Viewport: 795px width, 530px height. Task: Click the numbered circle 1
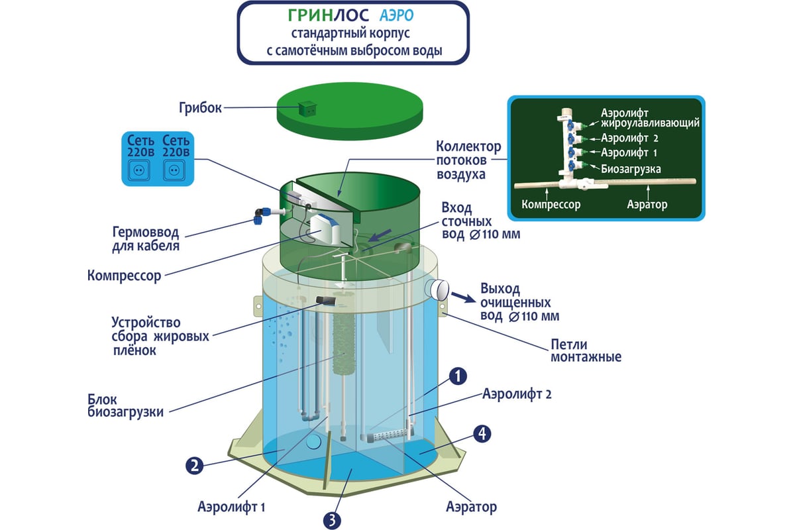(x=458, y=376)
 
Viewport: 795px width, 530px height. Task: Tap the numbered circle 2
(x=195, y=465)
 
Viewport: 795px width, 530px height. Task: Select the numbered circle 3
(x=332, y=521)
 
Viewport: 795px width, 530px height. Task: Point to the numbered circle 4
(x=482, y=433)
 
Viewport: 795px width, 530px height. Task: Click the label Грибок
(x=200, y=107)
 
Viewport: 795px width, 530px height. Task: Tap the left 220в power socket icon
(x=138, y=170)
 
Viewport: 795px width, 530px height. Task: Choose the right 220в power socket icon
(x=174, y=170)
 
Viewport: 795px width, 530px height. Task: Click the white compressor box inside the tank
(x=325, y=229)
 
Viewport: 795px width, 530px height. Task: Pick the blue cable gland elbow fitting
(x=262, y=215)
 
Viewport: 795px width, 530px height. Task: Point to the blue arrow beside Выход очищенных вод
(x=463, y=298)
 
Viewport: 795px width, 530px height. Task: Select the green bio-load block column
(x=344, y=344)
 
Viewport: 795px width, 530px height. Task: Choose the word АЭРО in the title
(x=396, y=16)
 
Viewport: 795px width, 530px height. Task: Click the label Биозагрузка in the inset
(x=631, y=169)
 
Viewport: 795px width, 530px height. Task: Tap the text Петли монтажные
(x=586, y=350)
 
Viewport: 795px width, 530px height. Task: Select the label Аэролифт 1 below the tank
(x=231, y=507)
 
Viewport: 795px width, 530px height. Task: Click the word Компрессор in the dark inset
(x=551, y=205)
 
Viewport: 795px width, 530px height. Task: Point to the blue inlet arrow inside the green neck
(x=380, y=235)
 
